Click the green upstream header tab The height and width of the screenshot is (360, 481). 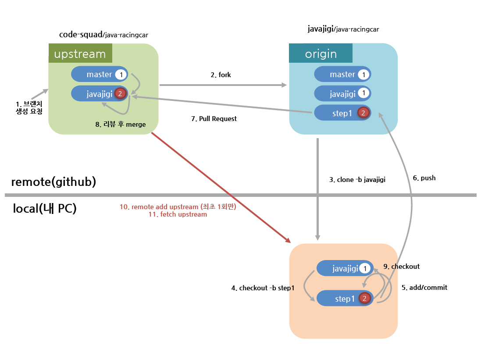(80, 54)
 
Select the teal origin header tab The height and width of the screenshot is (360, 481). (321, 54)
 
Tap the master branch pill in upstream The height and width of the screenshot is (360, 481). (99, 75)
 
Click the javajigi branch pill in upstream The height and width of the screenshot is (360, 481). (99, 93)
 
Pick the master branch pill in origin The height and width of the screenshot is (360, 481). (342, 75)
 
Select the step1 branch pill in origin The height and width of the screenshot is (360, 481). (342, 113)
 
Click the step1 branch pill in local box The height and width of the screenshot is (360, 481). (345, 299)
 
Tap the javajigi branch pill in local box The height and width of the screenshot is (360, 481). (345, 268)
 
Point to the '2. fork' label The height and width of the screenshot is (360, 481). (221, 75)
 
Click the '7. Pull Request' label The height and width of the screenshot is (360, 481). (214, 119)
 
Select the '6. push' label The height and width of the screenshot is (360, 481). (424, 178)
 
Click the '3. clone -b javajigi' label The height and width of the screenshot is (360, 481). (357, 179)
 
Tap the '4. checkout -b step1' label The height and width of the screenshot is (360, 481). (262, 288)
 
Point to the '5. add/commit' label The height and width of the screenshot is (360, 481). (424, 288)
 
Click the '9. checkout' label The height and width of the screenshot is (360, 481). (401, 266)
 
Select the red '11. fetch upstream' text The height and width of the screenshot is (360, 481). (178, 215)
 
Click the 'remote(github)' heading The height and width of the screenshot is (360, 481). (53, 182)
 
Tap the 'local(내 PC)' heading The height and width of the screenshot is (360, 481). (45, 209)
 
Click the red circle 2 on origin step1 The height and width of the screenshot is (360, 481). (363, 113)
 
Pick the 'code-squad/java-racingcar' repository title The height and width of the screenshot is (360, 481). (106, 34)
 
